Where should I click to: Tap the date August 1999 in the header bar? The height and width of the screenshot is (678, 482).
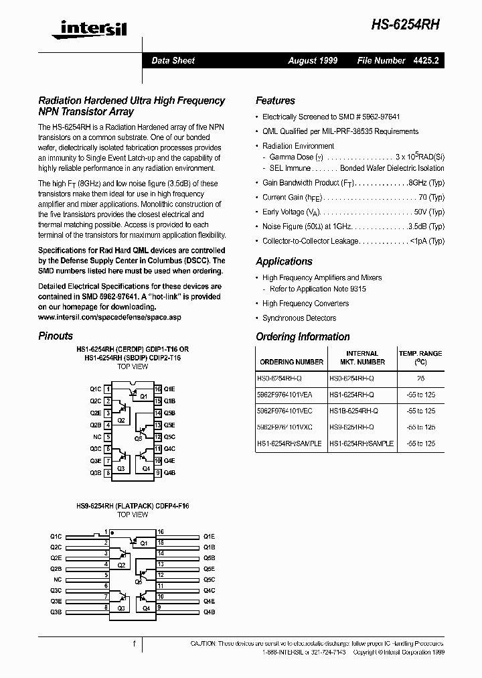pyautogui.click(x=313, y=60)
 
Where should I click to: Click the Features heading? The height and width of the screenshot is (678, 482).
pyautogui.click(x=275, y=100)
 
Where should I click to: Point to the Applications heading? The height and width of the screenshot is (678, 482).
pyautogui.click(x=284, y=261)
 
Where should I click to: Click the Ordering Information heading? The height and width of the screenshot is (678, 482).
pyautogui.click(x=303, y=337)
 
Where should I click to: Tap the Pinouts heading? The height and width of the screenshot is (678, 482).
pyautogui.click(x=56, y=336)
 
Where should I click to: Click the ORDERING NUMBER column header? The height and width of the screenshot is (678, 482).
pyautogui.click(x=291, y=362)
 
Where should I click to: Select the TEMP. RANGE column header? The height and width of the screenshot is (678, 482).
pyautogui.click(x=420, y=357)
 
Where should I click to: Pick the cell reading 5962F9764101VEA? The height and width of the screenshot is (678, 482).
pyautogui.click(x=290, y=395)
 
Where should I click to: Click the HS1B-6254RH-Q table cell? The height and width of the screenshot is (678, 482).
pyautogui.click(x=351, y=410)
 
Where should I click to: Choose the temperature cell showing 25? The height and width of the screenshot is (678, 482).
pyautogui.click(x=420, y=379)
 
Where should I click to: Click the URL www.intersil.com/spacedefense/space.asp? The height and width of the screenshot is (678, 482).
pyautogui.click(x=110, y=316)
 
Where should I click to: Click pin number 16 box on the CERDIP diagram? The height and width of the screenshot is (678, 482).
pyautogui.click(x=157, y=389)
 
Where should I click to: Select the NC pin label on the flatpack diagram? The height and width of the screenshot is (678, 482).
pyautogui.click(x=58, y=579)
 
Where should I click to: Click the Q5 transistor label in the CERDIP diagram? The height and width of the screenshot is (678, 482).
pyautogui.click(x=137, y=437)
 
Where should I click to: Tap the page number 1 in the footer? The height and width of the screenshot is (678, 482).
pyautogui.click(x=135, y=644)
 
